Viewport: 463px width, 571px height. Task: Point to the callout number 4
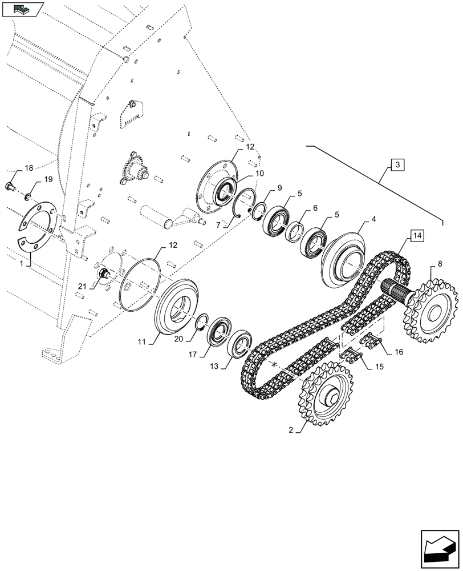[x=373, y=219]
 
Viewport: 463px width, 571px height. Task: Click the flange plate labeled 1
[x=38, y=228]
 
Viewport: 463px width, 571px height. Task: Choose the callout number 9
[x=279, y=188]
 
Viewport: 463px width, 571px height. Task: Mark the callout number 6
[x=314, y=209]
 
